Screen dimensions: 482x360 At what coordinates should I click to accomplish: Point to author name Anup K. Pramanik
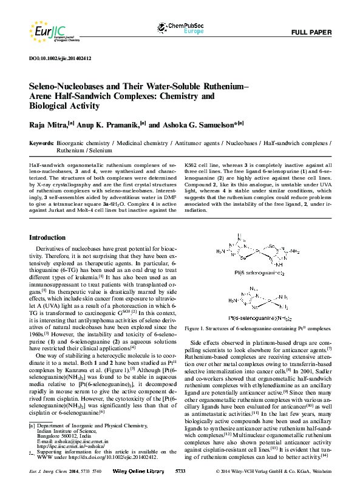[106, 125]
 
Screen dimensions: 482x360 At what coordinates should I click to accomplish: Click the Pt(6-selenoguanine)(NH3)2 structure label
[258, 317]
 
